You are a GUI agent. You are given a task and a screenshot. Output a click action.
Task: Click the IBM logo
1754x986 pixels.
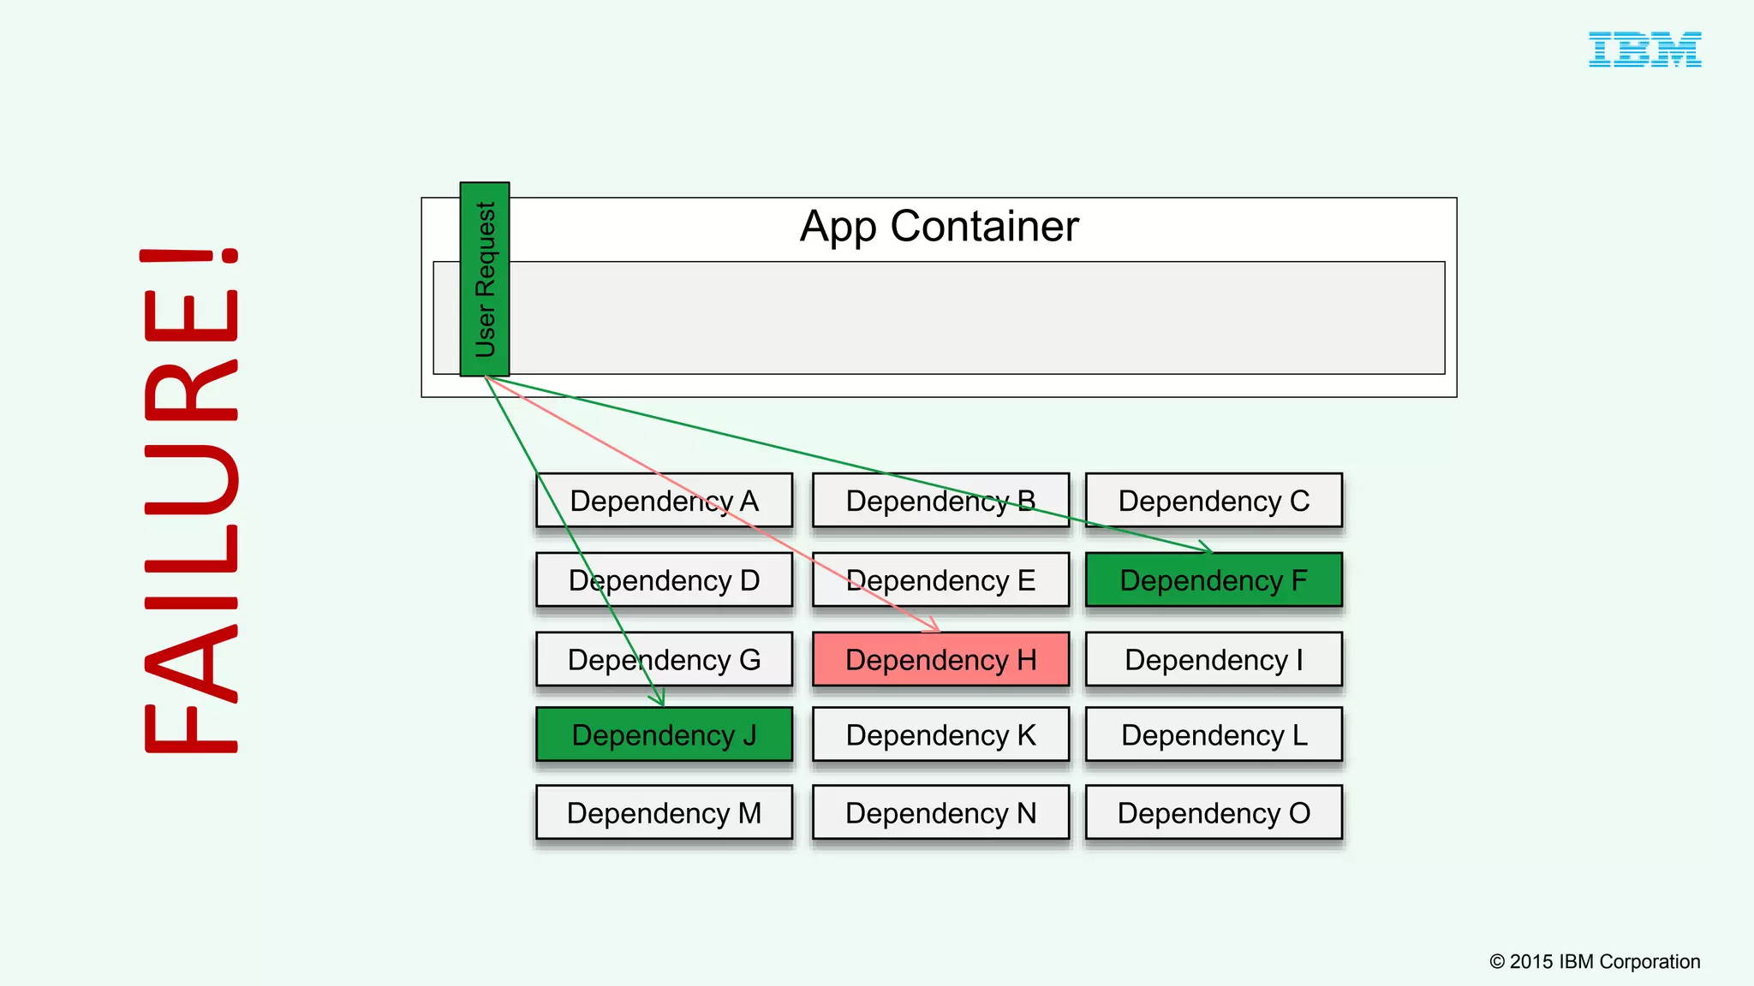[1644, 50]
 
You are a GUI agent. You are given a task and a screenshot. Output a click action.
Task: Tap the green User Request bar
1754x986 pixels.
[485, 279]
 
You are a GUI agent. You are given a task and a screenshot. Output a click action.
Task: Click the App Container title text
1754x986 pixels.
[939, 227]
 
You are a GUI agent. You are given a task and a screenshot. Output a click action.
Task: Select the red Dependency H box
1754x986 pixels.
[940, 660]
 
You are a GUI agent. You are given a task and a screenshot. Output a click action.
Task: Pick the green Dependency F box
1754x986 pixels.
[1214, 581]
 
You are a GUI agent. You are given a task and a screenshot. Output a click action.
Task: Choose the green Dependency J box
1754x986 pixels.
[664, 735]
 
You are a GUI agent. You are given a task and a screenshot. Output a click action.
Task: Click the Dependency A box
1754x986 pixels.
[664, 501]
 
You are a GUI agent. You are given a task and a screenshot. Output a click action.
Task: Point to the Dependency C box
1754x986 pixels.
[1214, 501]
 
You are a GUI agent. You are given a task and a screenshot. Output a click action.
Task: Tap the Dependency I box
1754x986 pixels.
[1214, 660]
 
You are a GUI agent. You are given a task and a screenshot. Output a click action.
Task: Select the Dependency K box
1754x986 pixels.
[940, 735]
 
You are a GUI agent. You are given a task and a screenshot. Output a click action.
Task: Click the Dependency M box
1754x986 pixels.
[664, 813]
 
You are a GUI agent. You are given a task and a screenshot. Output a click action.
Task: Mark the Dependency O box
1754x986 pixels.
[1214, 813]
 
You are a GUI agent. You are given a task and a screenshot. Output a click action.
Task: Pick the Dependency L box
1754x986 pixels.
[1214, 735]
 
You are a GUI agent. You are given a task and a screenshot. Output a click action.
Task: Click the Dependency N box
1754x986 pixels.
[940, 813]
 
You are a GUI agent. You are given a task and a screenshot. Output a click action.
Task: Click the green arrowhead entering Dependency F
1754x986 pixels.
[1207, 549]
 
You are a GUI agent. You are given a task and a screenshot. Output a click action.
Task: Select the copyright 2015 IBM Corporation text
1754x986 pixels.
[1595, 962]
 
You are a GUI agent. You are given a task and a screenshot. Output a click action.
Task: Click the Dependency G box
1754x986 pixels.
[664, 660]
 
